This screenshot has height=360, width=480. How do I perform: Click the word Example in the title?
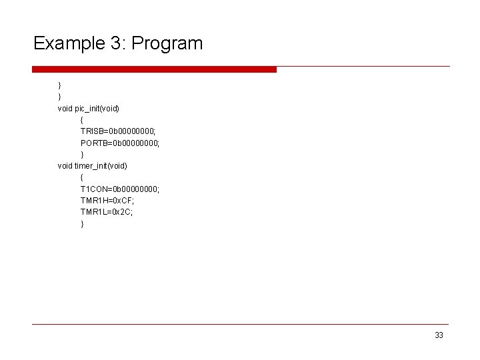pyautogui.click(x=65, y=44)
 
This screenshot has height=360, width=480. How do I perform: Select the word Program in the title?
pyautogui.click(x=167, y=44)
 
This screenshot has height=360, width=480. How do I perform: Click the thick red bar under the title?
pyautogui.click(x=154, y=69)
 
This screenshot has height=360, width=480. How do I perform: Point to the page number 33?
pyautogui.click(x=438, y=335)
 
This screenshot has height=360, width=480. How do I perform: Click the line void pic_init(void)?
pyautogui.click(x=88, y=108)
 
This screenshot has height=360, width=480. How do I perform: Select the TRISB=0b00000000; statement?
pyautogui.click(x=119, y=131)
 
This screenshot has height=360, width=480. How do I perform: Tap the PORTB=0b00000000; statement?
pyautogui.click(x=120, y=143)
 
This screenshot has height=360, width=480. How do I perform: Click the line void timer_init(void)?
pyautogui.click(x=92, y=165)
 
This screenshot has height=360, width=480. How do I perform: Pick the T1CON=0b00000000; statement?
pyautogui.click(x=120, y=189)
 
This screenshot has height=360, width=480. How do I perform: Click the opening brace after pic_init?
pyautogui.click(x=82, y=120)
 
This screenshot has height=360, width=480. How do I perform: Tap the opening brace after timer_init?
pyautogui.click(x=82, y=177)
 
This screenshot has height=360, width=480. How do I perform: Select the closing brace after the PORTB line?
pyautogui.click(x=82, y=155)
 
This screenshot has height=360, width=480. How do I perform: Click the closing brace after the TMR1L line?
pyautogui.click(x=82, y=224)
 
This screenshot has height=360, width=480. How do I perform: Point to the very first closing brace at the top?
pyautogui.click(x=59, y=85)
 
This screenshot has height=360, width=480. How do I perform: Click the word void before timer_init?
pyautogui.click(x=65, y=165)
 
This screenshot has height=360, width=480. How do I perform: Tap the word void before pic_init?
pyautogui.click(x=65, y=108)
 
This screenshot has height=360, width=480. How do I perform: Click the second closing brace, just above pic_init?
pyautogui.click(x=59, y=97)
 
